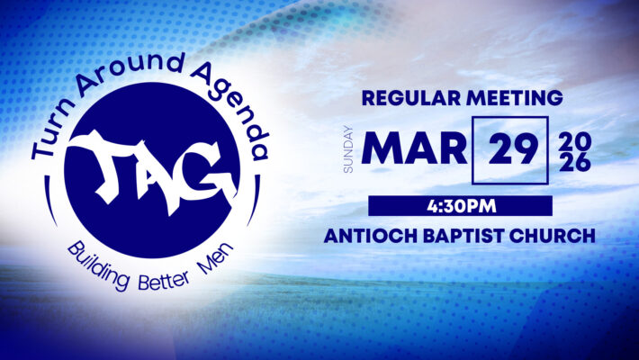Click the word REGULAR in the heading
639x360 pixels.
pyautogui.click(x=411, y=98)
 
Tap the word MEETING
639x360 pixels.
pyautogui.click(x=515, y=98)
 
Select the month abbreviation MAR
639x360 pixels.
pyautogui.click(x=414, y=148)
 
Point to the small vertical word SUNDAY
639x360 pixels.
pyautogui.click(x=348, y=149)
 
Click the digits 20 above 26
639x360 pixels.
pyautogui.click(x=575, y=141)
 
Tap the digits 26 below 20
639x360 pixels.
pyautogui.click(x=575, y=163)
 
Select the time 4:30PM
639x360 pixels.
pyautogui.click(x=462, y=206)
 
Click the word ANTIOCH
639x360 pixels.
pyautogui.click(x=371, y=236)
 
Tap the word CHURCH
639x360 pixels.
pyautogui.click(x=553, y=236)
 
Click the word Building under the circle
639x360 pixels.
pyautogui.click(x=99, y=265)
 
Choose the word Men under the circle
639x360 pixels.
pyautogui.click(x=216, y=258)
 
